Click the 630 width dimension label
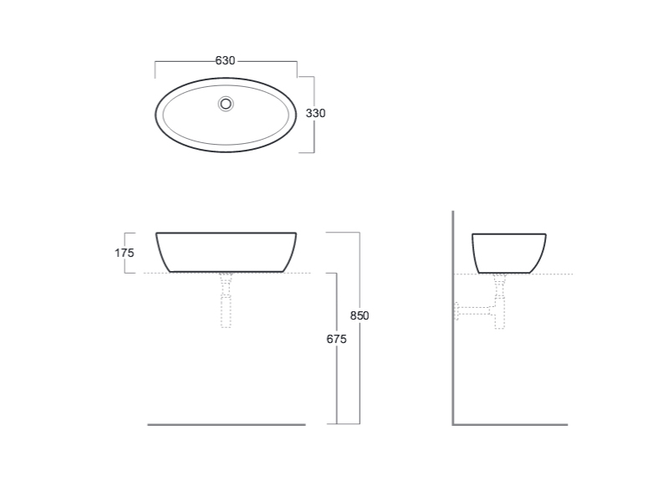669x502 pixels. tap(225, 60)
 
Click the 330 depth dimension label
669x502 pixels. tap(316, 113)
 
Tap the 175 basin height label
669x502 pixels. tap(124, 253)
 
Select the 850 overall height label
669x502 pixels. tap(360, 315)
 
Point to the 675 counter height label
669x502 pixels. tap(337, 339)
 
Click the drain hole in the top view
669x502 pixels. tap(226, 104)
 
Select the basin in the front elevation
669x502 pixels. tap(226, 233)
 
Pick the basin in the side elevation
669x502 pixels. tap(509, 234)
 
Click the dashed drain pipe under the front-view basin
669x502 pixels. tap(226, 300)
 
